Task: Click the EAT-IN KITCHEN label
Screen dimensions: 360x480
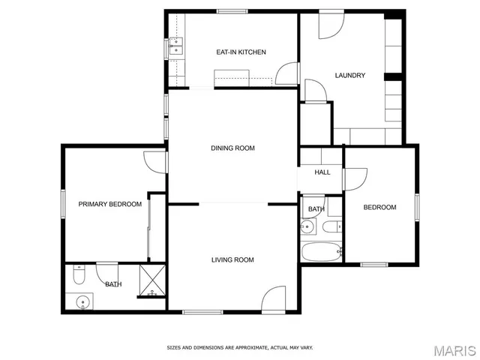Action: [x=241, y=52]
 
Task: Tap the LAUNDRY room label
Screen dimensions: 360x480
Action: [x=349, y=75]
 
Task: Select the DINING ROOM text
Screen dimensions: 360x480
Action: [x=232, y=148]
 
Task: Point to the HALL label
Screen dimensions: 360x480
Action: [x=322, y=172]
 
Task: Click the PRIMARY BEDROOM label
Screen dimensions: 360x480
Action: [x=110, y=204]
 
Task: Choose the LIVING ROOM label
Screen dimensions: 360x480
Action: [x=232, y=260]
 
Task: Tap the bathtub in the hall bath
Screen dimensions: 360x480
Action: [x=321, y=251]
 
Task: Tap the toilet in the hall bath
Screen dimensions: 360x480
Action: [x=331, y=226]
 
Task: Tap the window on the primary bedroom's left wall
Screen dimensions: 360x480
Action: [x=62, y=204]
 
